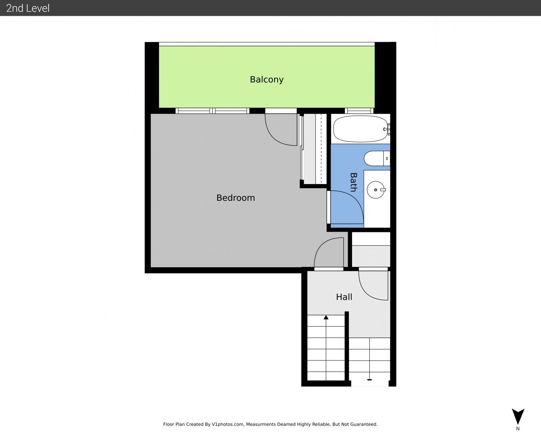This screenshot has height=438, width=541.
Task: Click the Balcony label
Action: (267, 79)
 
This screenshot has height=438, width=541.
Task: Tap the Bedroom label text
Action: (235, 198)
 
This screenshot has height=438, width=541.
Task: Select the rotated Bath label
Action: (353, 182)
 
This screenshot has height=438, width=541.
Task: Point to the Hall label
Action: (344, 297)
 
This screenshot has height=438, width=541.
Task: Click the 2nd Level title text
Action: (28, 8)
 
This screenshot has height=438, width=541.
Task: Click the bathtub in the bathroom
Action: (360, 129)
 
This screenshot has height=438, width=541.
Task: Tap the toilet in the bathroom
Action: (377, 159)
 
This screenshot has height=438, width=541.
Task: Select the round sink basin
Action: (376, 190)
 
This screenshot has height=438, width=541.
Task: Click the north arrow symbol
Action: (518, 417)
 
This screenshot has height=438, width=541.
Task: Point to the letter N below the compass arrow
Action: (517, 429)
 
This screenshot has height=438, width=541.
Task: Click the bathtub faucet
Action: (387, 129)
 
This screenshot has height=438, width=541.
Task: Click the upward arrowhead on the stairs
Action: (326, 317)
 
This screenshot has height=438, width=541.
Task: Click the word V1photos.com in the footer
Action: (228, 424)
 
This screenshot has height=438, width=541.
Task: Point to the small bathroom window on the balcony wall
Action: (359, 111)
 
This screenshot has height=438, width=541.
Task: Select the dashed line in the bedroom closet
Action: (321, 148)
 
